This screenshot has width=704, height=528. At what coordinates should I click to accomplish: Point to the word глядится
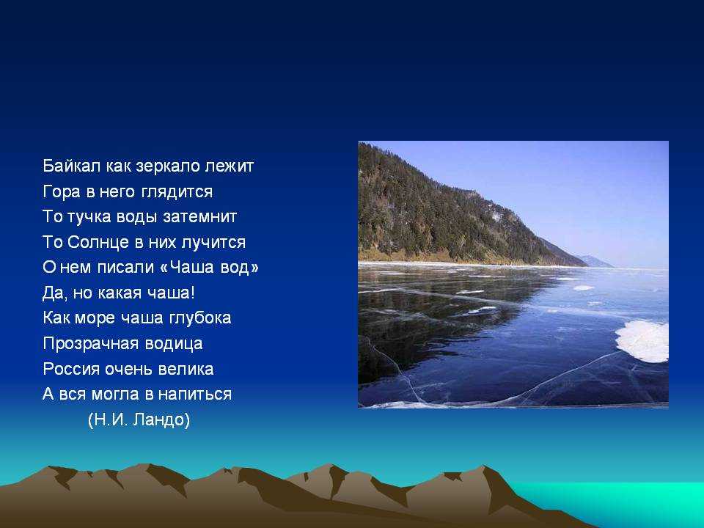coord(177,192)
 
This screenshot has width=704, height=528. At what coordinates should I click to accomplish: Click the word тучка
coord(89,217)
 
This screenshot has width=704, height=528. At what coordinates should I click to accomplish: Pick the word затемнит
coord(199,217)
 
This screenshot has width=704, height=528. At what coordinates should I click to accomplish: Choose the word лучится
coord(213,243)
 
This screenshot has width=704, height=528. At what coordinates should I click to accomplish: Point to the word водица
coord(173,344)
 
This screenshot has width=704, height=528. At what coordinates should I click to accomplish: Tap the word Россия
coord(71,369)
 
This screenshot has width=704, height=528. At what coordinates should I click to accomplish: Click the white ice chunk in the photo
coord(643,341)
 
